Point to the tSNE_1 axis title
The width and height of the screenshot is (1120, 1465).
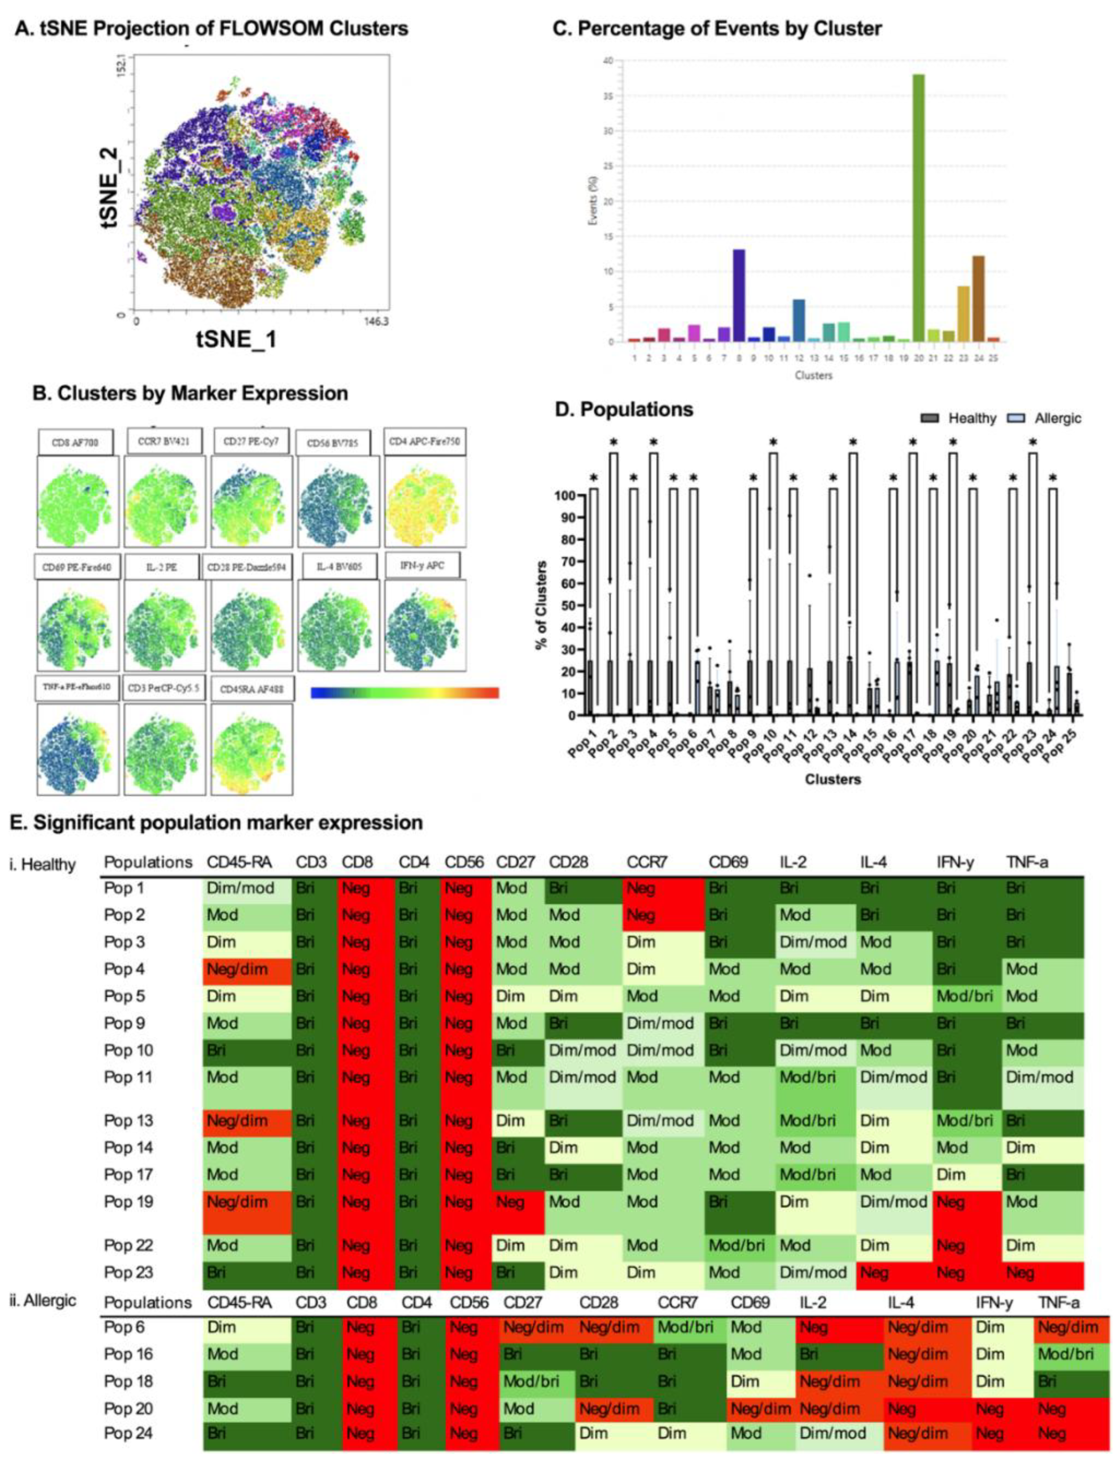(x=236, y=339)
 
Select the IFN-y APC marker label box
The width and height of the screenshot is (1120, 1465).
(x=422, y=566)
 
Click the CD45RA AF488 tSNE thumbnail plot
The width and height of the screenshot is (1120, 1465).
(x=251, y=749)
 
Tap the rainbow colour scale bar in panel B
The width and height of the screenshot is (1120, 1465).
(x=405, y=693)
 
